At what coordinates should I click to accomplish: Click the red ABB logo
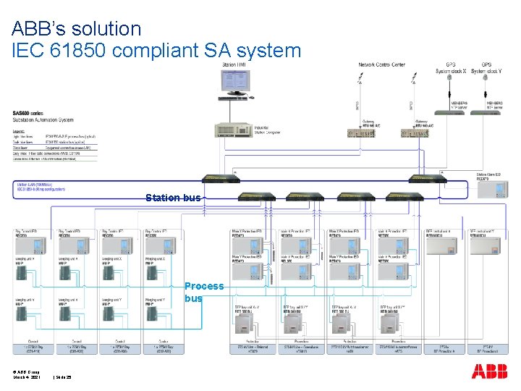[489, 371]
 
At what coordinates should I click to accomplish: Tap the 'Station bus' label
[173, 198]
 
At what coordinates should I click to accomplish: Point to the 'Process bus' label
[204, 292]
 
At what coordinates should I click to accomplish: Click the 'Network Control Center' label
[382, 65]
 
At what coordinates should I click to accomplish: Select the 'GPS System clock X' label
[451, 68]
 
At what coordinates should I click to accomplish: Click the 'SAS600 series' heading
[27, 114]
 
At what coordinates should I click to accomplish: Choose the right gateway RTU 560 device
[411, 133]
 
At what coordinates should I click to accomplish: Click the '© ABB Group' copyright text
[25, 371]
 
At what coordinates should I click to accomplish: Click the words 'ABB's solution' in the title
[77, 29]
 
